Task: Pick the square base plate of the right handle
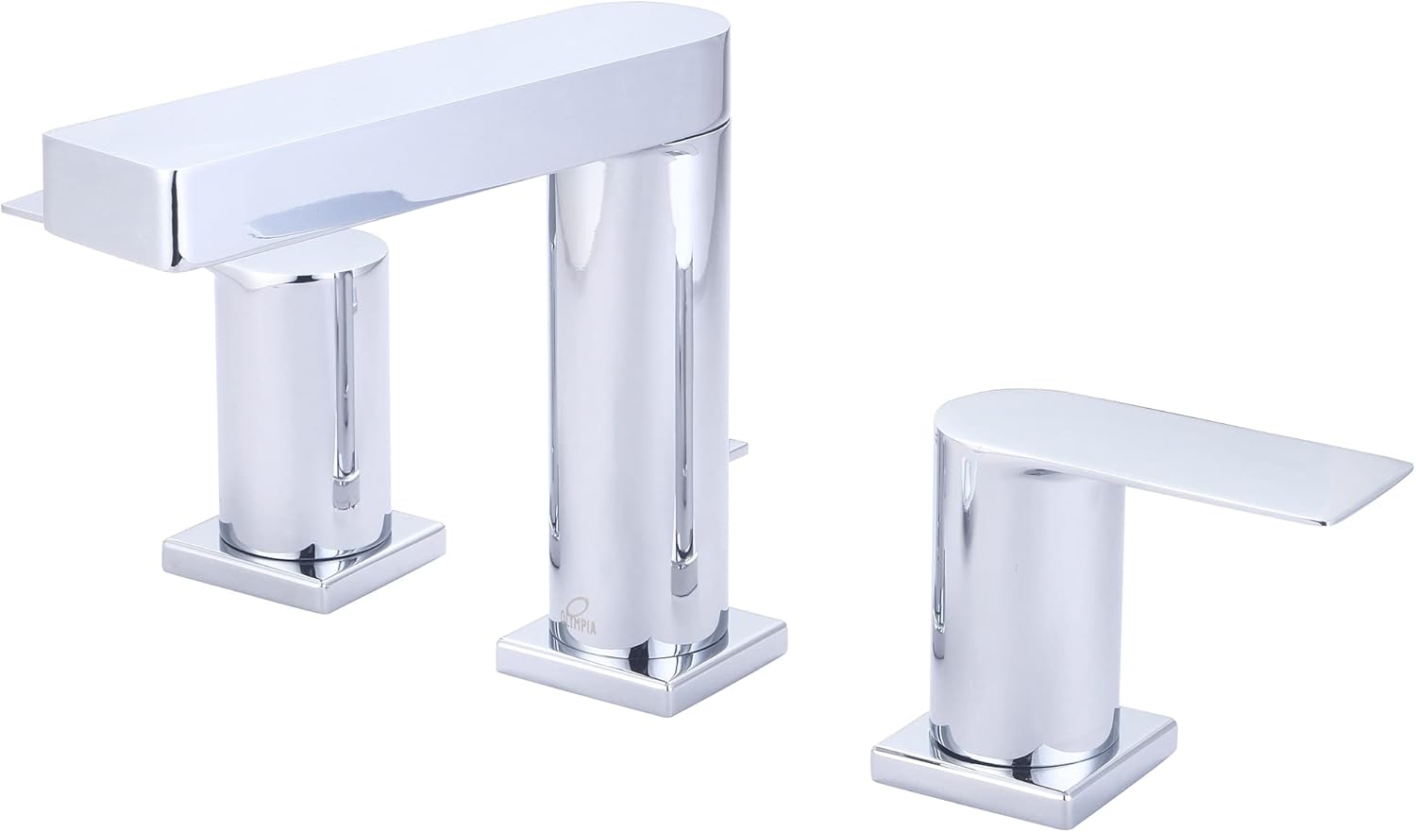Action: click(x=1023, y=768)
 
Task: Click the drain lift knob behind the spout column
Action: click(x=736, y=450)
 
